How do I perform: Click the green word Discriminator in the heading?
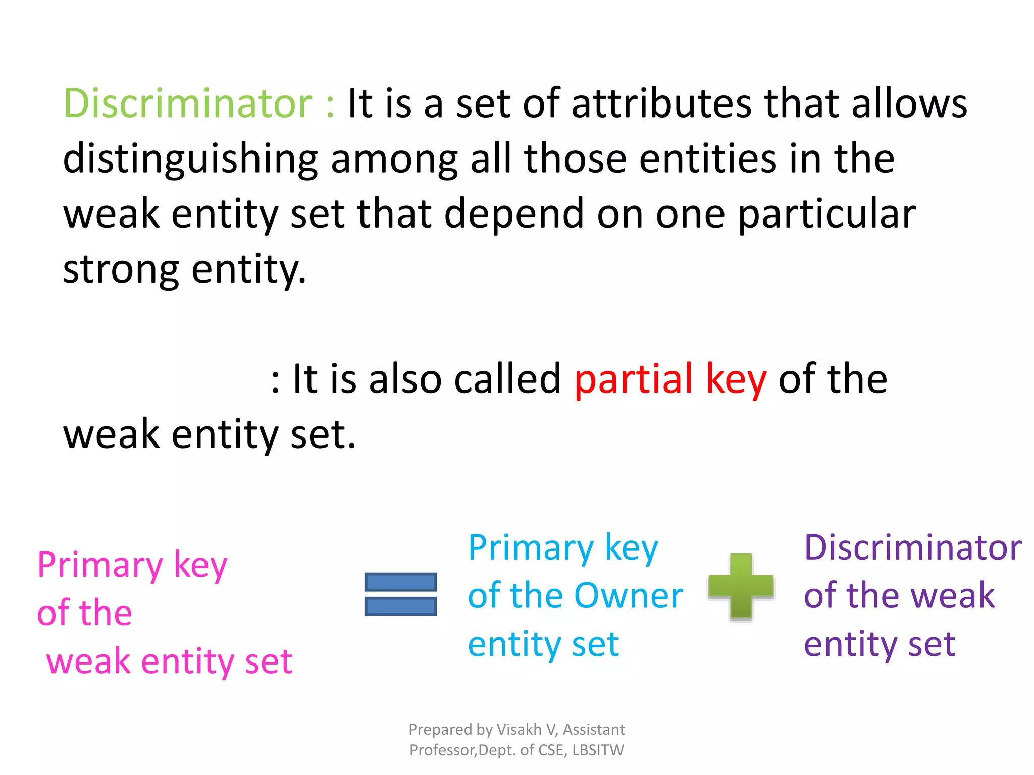[188, 103]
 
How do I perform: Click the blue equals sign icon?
[400, 594]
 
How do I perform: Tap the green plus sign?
[741, 586]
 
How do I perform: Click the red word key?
[736, 379]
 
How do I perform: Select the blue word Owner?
[629, 596]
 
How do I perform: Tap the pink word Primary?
[100, 566]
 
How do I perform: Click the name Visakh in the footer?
[519, 730]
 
